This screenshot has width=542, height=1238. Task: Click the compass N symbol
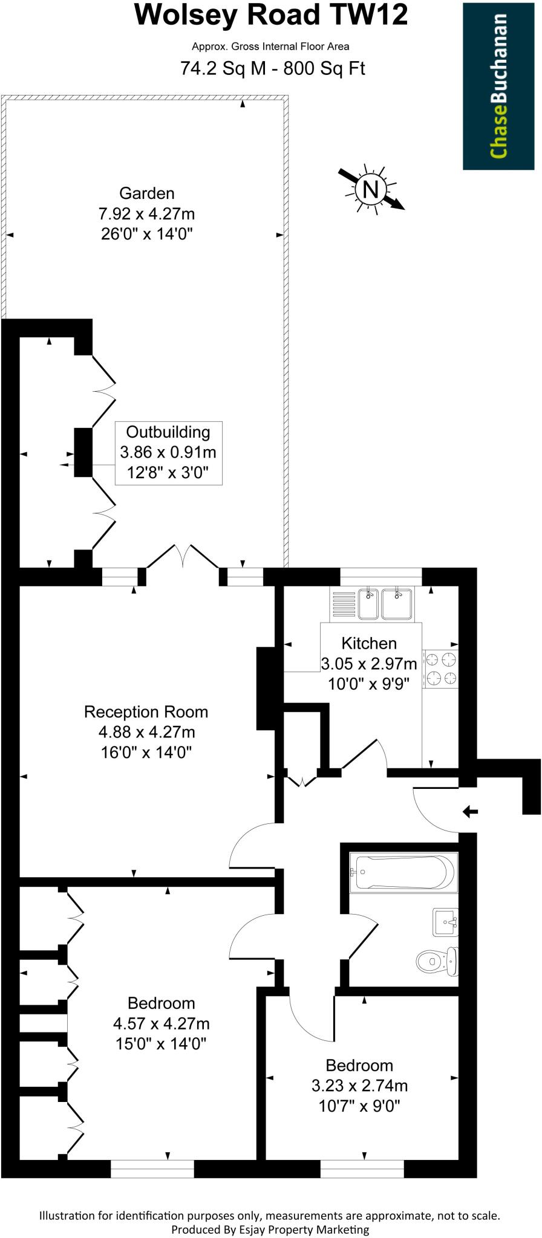[x=370, y=190]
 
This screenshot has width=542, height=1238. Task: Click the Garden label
[x=147, y=193]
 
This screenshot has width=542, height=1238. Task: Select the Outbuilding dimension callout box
[x=168, y=452]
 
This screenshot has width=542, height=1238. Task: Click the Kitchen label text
[x=369, y=643]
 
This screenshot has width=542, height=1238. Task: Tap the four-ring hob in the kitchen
[x=441, y=668]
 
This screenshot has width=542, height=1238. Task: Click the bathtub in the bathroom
[x=403, y=872]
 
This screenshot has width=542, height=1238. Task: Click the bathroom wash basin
[x=446, y=922]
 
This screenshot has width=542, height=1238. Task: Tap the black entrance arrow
[x=470, y=811]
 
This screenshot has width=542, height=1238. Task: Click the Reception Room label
[x=146, y=712]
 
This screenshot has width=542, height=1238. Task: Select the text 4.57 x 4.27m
[x=161, y=1023]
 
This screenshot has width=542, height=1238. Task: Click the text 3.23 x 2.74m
[x=359, y=1086]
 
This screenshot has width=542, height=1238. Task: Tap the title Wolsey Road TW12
[x=271, y=15]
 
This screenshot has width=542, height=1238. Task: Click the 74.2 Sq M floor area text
[x=224, y=69]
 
